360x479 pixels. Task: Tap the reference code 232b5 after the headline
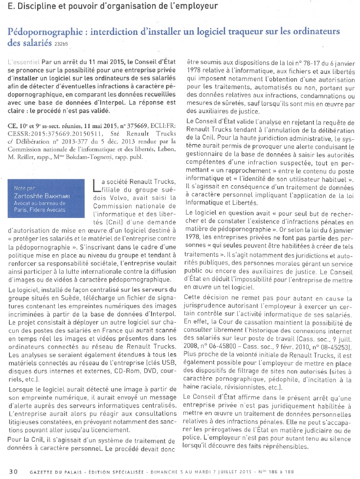coord(63,44)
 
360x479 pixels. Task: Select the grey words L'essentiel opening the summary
coord(24,63)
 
